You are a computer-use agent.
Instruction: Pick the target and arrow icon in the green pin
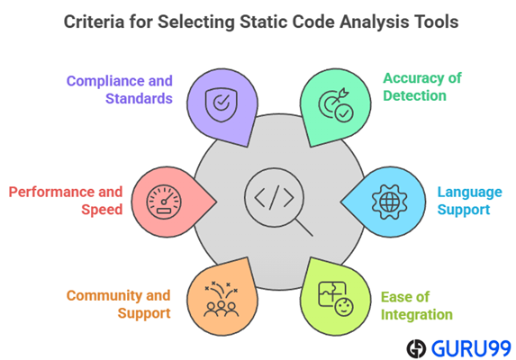pos(336,105)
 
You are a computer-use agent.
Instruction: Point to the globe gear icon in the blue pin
pos(389,202)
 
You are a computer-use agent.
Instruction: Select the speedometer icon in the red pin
pos(164,202)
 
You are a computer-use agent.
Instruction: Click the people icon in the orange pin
pos(222,299)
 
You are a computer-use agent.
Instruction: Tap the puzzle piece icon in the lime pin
pos(332,294)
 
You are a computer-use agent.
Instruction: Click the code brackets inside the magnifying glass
pos(274,198)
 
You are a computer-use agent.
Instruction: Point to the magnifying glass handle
pos(303,227)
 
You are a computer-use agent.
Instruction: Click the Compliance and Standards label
pos(120,90)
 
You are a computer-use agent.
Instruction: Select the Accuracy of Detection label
pos(422,87)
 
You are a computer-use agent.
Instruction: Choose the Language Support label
pos(469,201)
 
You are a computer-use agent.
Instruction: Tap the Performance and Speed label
pos(66,201)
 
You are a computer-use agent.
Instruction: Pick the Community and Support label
pos(119,304)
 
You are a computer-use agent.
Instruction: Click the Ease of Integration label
pos(417,306)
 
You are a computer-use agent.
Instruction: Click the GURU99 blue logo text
pos(471,348)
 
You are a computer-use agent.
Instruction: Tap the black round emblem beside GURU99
pos(416,348)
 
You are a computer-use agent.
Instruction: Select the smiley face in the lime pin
pos(344,307)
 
